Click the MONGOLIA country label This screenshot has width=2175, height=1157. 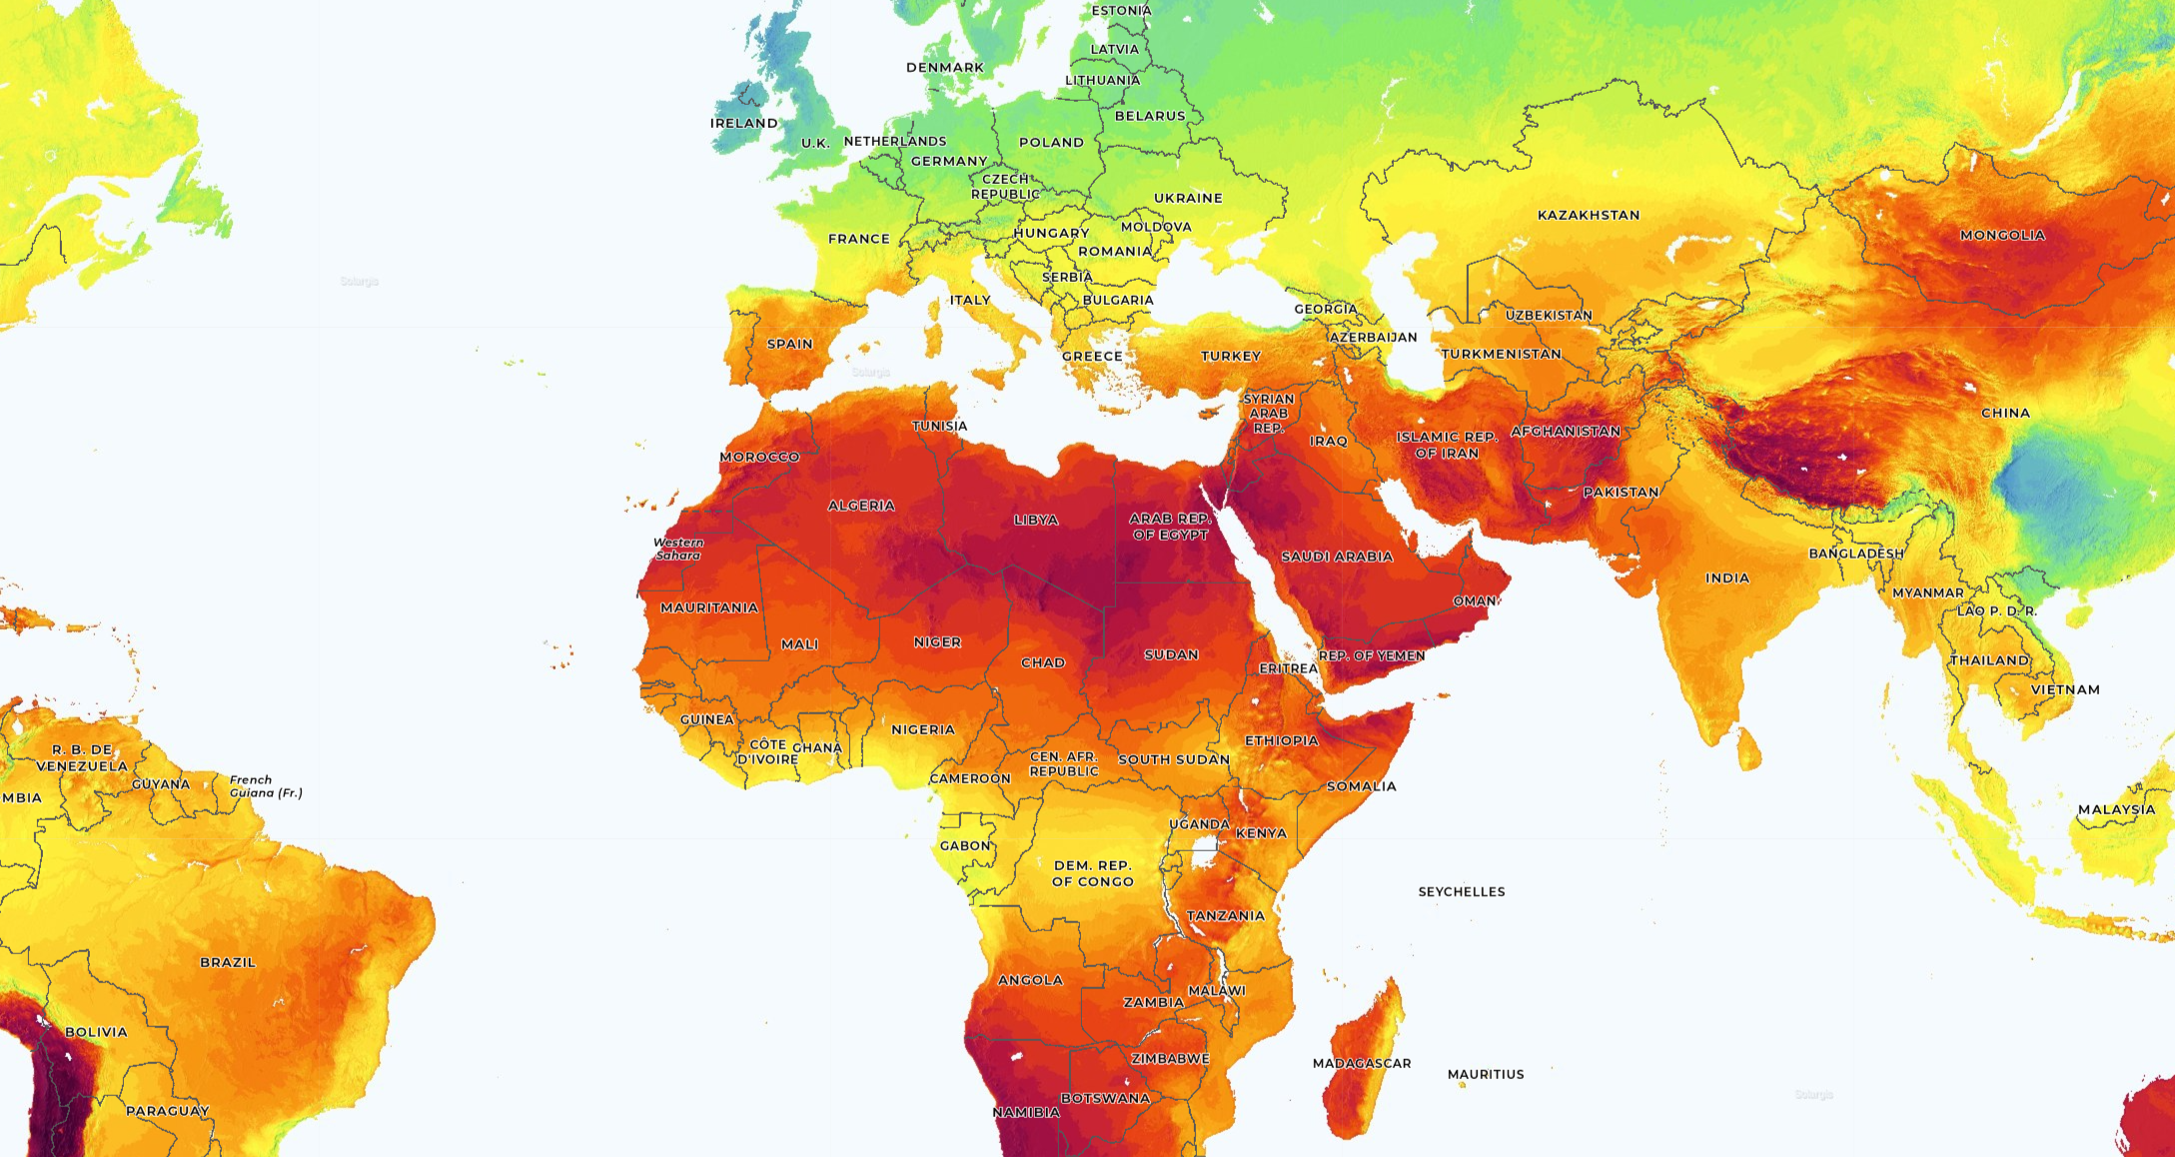click(x=2002, y=236)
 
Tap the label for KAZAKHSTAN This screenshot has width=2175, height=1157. click(x=1589, y=215)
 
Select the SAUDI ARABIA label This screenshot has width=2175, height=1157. click(x=1337, y=557)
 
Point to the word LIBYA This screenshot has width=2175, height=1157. click(x=1036, y=520)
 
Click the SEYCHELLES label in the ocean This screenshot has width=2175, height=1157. click(x=1462, y=891)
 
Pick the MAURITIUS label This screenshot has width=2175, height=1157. click(x=1486, y=1074)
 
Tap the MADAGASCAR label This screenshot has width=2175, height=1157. click(x=1362, y=1063)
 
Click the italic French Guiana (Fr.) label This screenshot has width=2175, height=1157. click(x=266, y=786)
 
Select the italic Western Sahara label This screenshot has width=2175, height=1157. click(x=678, y=549)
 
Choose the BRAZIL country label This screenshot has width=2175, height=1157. click(x=228, y=962)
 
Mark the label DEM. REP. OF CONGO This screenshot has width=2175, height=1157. click(x=1093, y=873)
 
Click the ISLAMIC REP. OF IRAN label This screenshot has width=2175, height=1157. click(x=1447, y=445)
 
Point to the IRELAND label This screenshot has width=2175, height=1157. click(x=743, y=123)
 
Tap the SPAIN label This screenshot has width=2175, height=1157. click(x=789, y=344)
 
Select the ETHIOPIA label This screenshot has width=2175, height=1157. click(x=1282, y=740)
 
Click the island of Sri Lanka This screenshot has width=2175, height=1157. click(x=1749, y=749)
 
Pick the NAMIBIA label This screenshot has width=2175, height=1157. click(x=1026, y=1112)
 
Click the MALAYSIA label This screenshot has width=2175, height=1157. click(x=2116, y=809)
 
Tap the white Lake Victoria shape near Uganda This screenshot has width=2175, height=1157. click(x=1203, y=855)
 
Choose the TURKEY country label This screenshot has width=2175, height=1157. click(x=1231, y=356)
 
